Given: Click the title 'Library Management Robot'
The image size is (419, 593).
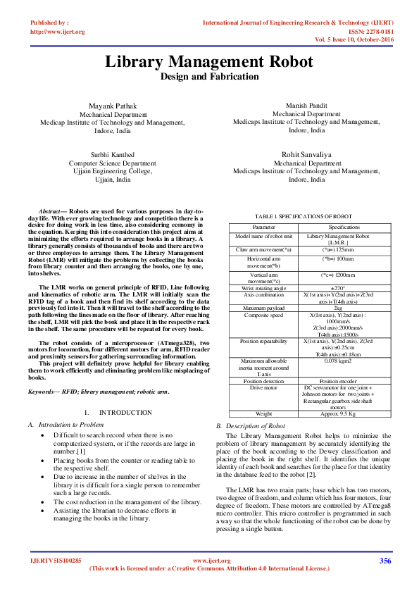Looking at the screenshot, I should click(209, 61).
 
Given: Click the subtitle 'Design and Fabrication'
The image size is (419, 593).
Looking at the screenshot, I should click(209, 76).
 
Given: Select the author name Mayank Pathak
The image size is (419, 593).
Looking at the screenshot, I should click(113, 106).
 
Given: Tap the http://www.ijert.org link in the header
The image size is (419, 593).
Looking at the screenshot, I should click(58, 32).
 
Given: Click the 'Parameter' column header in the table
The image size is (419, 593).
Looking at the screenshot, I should click(264, 227).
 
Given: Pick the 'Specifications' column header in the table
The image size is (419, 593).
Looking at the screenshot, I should click(344, 227).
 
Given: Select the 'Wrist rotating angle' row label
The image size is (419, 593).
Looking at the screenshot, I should click(264, 288).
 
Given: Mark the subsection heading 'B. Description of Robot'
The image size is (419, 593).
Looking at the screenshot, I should click(251, 426).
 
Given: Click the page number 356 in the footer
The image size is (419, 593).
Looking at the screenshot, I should click(385, 561).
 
